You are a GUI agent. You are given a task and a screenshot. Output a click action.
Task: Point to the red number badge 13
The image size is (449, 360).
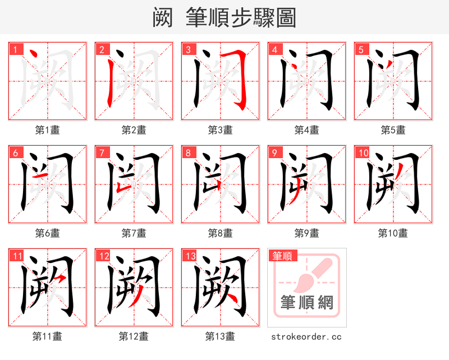click(190, 256)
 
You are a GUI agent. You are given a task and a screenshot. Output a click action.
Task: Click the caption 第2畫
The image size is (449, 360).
click(134, 130)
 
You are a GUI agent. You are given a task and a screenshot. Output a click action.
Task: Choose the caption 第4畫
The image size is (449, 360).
click(306, 130)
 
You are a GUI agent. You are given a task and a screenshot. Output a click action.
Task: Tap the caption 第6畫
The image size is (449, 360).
click(47, 233)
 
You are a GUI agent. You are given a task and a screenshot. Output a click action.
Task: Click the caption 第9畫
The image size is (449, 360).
click(306, 233)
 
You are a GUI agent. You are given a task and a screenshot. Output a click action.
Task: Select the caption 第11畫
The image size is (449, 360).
click(47, 336)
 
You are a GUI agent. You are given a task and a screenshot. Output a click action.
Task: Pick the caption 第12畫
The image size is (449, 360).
click(134, 336)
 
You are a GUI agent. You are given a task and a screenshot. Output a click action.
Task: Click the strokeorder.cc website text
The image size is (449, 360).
click(306, 336)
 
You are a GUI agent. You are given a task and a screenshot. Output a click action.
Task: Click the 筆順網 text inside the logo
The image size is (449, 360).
click(307, 303)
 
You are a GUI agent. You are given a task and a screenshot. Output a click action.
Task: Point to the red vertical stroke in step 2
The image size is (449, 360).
click(108, 84)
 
